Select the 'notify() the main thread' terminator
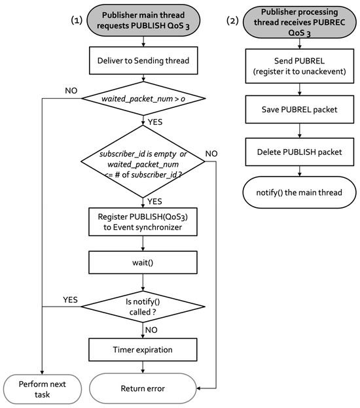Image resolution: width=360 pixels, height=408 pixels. point(299,195)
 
